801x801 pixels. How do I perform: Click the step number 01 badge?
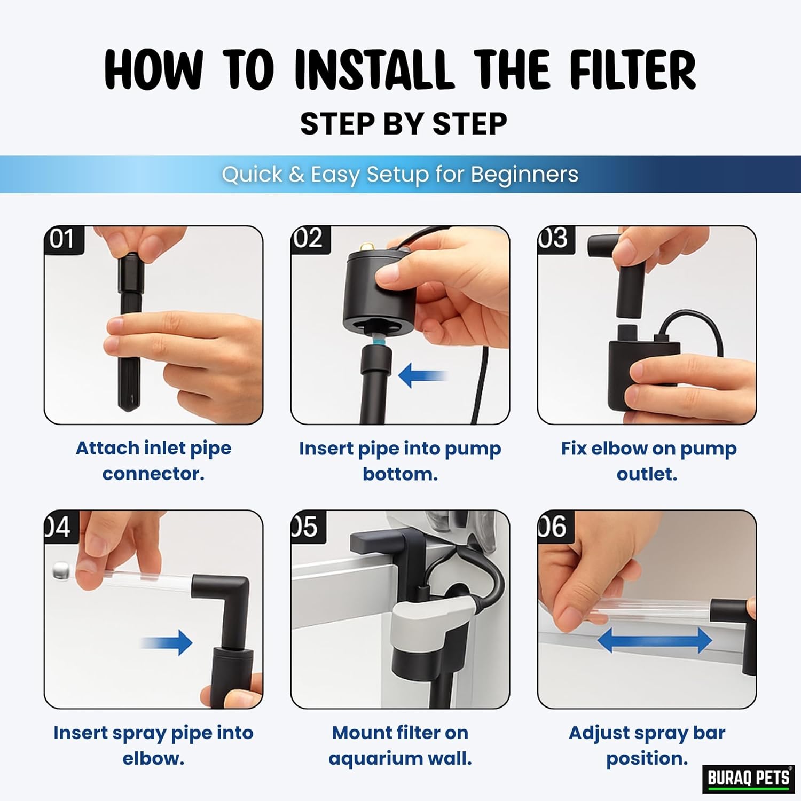coord(63,239)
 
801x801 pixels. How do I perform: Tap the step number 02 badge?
coord(310,239)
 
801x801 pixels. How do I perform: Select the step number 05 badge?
coord(308,526)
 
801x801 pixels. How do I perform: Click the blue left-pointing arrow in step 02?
coord(422,375)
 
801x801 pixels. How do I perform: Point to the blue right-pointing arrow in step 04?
coord(167,642)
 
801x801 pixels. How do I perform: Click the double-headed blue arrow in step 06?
coord(655,640)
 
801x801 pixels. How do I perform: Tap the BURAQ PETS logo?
coord(749,778)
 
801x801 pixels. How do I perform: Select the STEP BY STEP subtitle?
coord(404,124)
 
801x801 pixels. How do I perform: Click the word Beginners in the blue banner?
coord(524,174)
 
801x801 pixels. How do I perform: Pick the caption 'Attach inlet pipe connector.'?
coord(154,461)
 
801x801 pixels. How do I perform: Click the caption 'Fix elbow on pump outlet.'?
coord(648,461)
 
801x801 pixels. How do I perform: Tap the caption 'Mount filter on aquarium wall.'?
coord(400,745)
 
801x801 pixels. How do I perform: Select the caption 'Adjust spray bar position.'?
coord(647,745)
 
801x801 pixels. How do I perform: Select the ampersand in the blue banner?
coord(296,175)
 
